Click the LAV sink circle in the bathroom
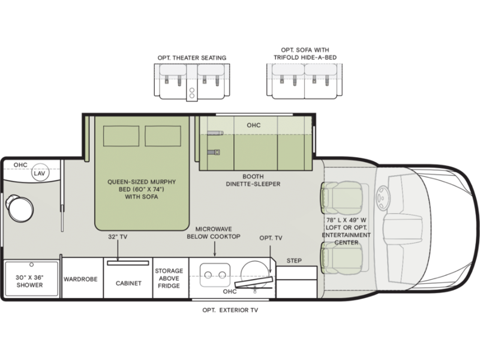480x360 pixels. (40, 173)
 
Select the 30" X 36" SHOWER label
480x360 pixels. (29, 281)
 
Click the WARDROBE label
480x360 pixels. (80, 279)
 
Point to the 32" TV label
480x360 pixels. (118, 236)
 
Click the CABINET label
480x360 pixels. (128, 283)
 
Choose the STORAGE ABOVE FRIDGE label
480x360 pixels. (169, 278)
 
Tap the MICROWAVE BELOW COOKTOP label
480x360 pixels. (214, 233)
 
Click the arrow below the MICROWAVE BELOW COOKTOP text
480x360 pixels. (215, 248)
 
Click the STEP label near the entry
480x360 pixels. (294, 261)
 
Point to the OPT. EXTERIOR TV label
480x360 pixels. (230, 310)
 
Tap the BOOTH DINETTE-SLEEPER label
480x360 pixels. (253, 181)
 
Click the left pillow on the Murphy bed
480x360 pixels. (121, 136)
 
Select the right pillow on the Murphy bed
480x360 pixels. (163, 136)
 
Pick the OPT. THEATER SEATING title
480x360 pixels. (192, 58)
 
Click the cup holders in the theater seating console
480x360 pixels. (192, 93)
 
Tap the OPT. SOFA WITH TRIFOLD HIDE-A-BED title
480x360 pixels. (305, 53)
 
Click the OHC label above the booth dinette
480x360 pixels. (254, 125)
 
